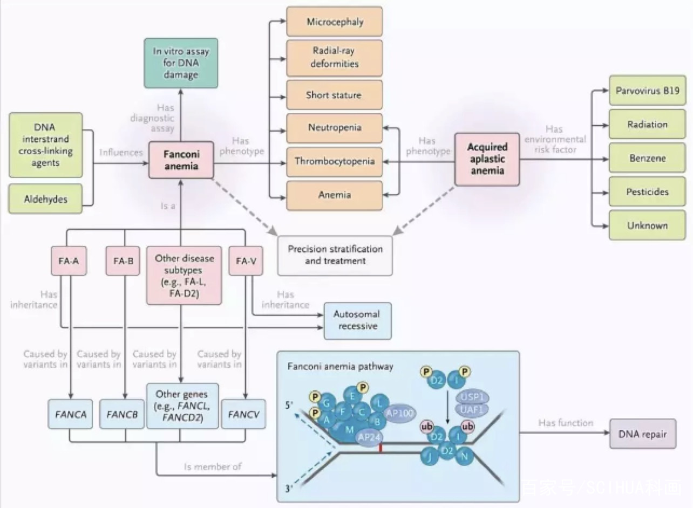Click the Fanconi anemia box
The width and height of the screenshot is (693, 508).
pos(181,160)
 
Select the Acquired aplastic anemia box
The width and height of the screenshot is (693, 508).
pos(487,159)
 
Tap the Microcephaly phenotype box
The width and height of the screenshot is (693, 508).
pos(335,22)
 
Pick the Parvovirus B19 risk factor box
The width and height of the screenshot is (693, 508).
pos(647,91)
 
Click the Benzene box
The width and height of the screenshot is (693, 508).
pos(647,159)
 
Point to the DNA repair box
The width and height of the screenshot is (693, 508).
pos(642,434)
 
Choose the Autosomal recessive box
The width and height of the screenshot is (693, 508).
pos(357,320)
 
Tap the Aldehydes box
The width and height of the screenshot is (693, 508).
pos(46,199)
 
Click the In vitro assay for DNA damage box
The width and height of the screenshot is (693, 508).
pos(181,63)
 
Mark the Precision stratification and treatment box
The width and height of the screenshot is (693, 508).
pos(335,255)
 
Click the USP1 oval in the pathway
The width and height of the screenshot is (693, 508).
pos(472,397)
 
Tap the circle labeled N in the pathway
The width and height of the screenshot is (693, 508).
pos(464,457)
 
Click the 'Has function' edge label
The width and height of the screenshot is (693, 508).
pos(565,423)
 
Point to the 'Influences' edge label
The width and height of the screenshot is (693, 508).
pos(121,152)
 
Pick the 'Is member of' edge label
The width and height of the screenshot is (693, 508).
pos(212,466)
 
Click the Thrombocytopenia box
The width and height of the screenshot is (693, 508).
pos(335,161)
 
